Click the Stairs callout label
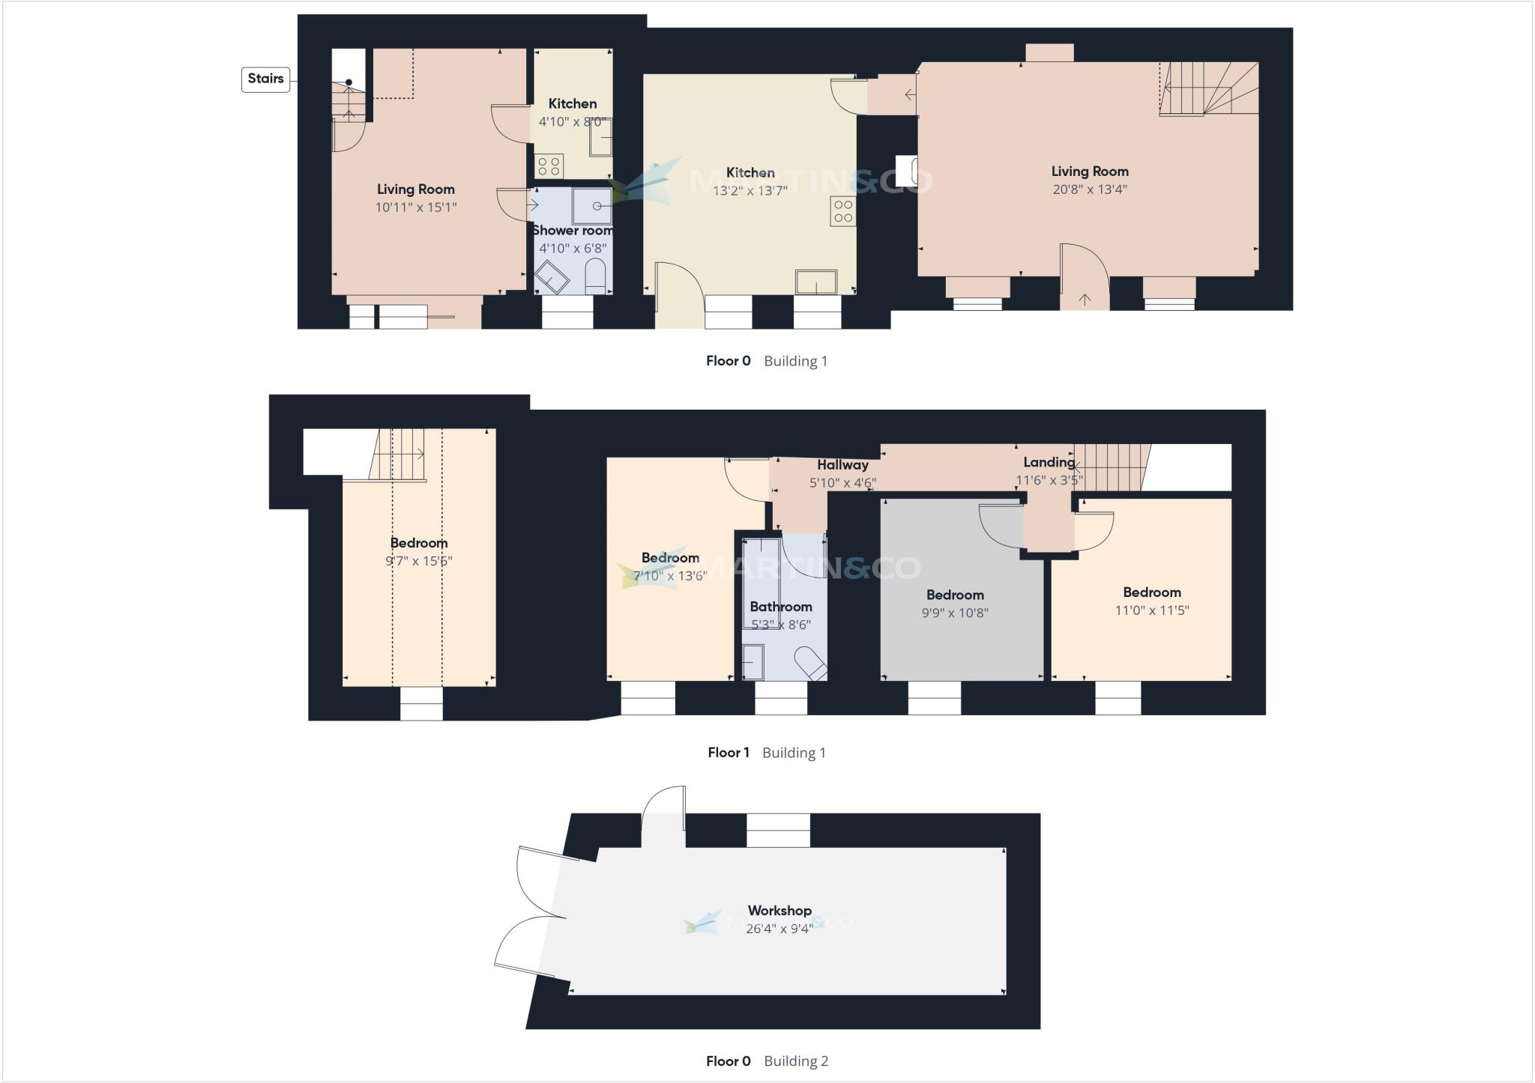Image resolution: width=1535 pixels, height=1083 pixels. pos(265,79)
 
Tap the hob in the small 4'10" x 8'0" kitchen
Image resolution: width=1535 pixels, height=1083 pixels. pos(549,166)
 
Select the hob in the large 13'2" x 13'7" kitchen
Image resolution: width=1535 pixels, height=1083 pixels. pos(842,211)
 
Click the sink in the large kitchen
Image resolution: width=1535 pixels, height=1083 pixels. pos(816,282)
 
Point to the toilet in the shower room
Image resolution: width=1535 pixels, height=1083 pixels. pos(594,276)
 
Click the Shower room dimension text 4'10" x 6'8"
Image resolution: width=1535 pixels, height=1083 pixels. pos(573,249)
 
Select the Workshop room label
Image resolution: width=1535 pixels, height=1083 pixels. pos(779,911)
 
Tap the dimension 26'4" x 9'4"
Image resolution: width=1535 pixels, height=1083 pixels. pos(779,929)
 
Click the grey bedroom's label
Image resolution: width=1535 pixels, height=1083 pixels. pos(955,595)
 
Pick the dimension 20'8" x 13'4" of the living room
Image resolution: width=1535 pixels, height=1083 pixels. pos(1089,189)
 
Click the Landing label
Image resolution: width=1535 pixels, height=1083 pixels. pos(1049,463)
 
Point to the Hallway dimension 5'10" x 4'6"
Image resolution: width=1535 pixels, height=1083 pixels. pos(842,483)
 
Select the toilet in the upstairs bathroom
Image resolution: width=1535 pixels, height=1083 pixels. pos(810,663)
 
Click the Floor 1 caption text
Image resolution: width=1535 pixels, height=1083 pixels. pos(728,753)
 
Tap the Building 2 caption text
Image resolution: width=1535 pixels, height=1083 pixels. pos(796,1061)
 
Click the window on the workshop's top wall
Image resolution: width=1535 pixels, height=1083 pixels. pos(778,831)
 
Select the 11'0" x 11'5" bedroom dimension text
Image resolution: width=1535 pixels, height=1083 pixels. pos(1152,610)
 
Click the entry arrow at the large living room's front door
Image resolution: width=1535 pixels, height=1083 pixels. pos(1085,300)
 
